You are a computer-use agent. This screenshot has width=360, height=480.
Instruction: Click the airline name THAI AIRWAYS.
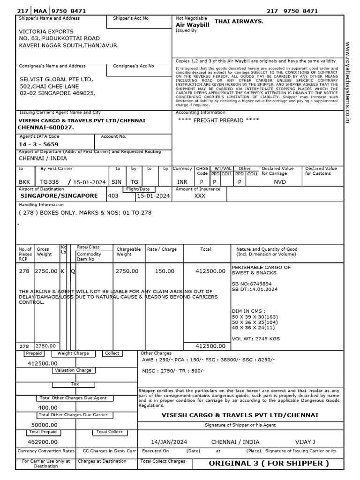coord(239,22)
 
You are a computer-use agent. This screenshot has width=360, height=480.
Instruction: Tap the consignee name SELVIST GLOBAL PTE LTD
coord(56,79)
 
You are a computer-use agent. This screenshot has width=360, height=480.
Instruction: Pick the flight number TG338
coord(50,182)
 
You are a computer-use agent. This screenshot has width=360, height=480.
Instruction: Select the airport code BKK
coord(24,182)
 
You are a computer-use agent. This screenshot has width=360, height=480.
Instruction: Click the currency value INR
coord(182,182)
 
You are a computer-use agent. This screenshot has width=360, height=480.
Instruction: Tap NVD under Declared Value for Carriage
coord(280,182)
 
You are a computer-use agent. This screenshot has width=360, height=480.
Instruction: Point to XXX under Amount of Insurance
coord(200,195)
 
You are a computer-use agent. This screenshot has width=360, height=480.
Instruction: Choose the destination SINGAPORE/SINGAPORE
coord(59,195)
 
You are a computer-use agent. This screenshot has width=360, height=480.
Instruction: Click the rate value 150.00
coord(165,271)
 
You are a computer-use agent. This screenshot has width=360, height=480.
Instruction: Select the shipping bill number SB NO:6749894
coord(252,284)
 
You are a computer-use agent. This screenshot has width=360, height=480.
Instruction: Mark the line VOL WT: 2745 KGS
coord(256,338)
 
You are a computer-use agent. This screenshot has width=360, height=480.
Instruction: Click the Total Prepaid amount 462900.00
coord(43,442)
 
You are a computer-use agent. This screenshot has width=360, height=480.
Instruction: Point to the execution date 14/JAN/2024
coord(169,442)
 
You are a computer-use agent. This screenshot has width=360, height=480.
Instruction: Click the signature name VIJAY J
coord(306,442)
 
